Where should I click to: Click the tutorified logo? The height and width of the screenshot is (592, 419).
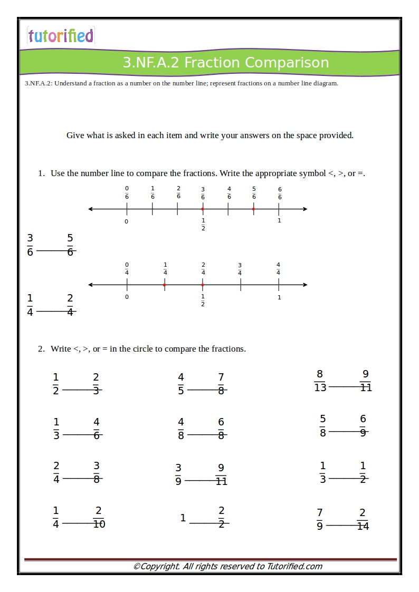point(61,36)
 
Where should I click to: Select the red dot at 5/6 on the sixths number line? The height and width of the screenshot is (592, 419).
point(253,209)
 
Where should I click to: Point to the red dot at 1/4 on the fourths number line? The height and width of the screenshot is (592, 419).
point(165,285)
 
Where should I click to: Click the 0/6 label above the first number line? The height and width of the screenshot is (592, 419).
point(127,193)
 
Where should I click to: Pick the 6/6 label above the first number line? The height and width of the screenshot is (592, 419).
point(280,193)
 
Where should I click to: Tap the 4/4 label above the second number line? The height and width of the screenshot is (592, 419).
point(278,269)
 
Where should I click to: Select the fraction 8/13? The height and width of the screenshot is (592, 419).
point(320,381)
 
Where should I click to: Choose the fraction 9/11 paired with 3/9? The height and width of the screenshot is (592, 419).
point(221,474)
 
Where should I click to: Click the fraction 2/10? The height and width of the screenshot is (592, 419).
point(99,517)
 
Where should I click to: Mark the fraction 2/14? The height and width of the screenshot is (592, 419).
point(363,519)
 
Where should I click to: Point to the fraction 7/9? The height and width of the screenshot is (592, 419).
point(320,519)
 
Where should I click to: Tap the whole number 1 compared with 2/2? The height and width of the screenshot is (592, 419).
point(183,518)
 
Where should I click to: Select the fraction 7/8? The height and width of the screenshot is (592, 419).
point(221,384)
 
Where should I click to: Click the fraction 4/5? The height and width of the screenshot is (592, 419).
point(181,384)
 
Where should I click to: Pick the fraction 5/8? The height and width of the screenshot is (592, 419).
point(323,426)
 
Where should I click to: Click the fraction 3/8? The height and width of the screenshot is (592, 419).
point(97,472)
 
